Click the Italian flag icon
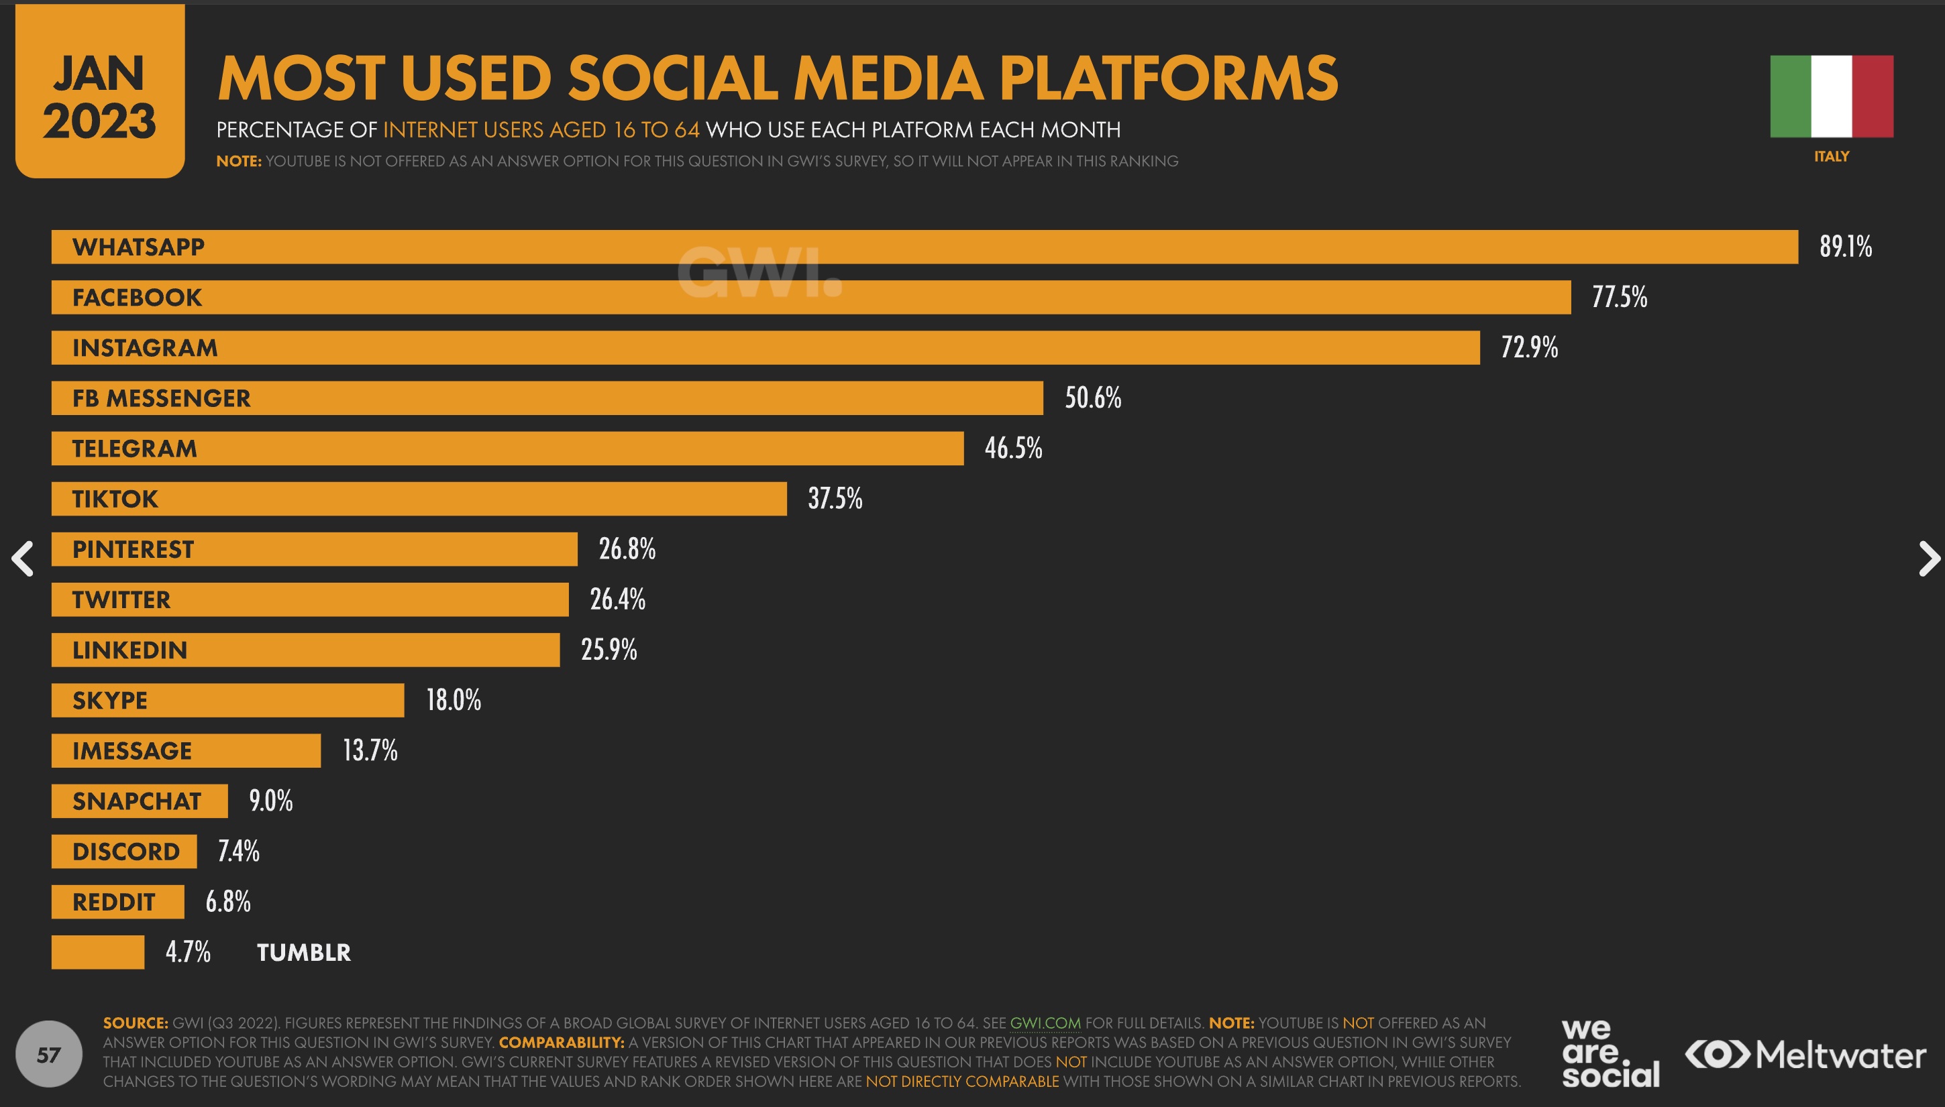pos(1831,97)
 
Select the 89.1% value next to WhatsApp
pos(1845,247)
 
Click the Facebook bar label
pos(137,297)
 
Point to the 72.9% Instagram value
pos(1529,347)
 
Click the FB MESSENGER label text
pos(161,398)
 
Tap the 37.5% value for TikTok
pos(835,499)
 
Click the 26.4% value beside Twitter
pos(617,600)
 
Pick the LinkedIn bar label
pos(129,650)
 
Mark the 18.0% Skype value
pos(454,700)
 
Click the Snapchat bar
pos(139,801)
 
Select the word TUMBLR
pos(303,953)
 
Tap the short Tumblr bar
pos(97,953)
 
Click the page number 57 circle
pos(49,1055)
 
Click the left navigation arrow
pos(23,559)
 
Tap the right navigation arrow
pos(1928,559)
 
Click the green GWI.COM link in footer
pos(1045,1023)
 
